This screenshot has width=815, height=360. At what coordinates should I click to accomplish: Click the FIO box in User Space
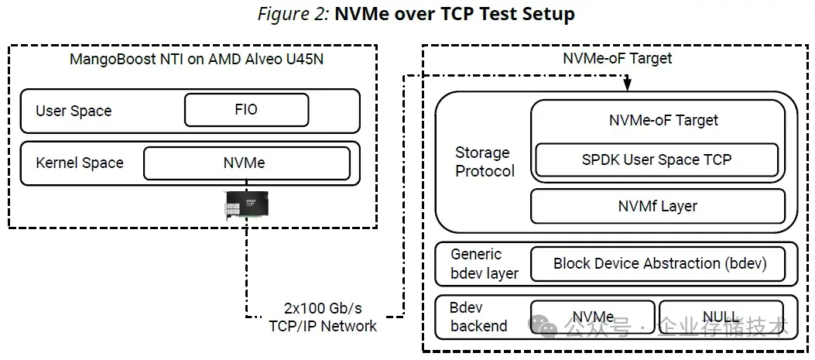(246, 110)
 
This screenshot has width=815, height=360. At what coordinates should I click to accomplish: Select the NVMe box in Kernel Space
(246, 163)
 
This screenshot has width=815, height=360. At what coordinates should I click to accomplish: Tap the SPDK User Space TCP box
(656, 159)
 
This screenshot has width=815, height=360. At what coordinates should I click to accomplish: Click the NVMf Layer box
(657, 206)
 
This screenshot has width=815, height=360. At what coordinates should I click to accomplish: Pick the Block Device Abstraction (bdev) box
(659, 263)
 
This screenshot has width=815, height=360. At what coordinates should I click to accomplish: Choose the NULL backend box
(720, 318)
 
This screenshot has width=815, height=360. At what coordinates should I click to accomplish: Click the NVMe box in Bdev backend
(592, 318)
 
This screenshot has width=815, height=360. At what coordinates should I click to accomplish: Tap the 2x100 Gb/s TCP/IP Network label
(323, 317)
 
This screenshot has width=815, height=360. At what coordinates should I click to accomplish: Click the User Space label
(74, 111)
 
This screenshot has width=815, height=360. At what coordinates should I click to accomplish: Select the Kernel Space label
(80, 163)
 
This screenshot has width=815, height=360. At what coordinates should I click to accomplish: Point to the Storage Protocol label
(485, 162)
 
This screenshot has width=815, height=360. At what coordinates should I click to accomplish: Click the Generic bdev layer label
(485, 263)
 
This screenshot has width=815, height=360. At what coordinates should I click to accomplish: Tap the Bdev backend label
(478, 317)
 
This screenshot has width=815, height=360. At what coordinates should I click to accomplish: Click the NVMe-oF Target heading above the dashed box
(617, 58)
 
